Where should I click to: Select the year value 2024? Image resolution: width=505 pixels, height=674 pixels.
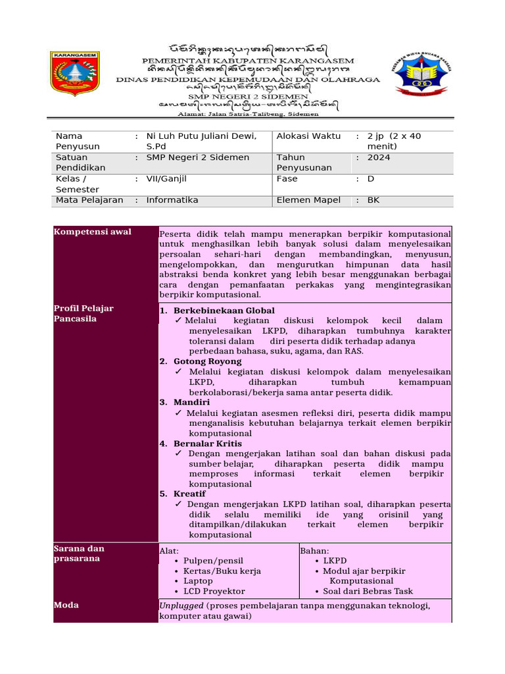(x=378, y=157)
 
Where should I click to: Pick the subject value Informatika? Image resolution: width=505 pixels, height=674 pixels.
(x=172, y=200)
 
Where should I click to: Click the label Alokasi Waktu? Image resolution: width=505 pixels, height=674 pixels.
(x=308, y=136)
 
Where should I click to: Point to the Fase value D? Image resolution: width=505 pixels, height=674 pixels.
(x=370, y=178)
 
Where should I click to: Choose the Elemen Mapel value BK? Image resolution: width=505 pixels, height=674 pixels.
(x=373, y=200)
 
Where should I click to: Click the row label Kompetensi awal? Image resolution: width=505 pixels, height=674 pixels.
(x=93, y=232)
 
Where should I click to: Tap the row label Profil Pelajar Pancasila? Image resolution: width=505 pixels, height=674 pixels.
(x=85, y=313)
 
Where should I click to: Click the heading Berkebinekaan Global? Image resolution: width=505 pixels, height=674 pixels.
(x=224, y=310)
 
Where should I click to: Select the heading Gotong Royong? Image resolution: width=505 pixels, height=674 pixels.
(x=207, y=361)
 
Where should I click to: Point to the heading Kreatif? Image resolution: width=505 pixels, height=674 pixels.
(x=189, y=494)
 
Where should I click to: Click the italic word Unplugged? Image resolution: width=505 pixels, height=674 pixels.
(x=181, y=606)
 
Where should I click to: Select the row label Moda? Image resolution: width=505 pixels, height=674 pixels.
(x=66, y=605)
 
